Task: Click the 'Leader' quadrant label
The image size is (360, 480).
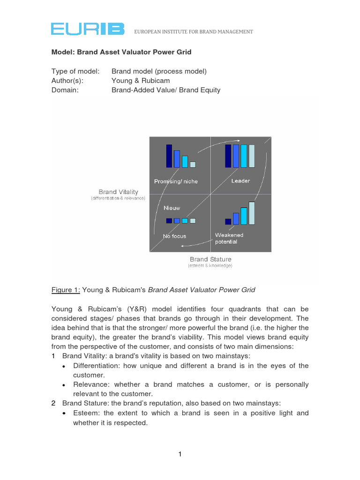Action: pyautogui.click(x=240, y=181)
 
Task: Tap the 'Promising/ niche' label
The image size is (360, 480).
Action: pyautogui.click(x=176, y=181)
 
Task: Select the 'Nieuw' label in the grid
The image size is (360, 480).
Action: pyautogui.click(x=172, y=207)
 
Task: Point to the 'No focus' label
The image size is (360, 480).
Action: pyautogui.click(x=174, y=236)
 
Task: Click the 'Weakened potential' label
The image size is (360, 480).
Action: pyautogui.click(x=229, y=238)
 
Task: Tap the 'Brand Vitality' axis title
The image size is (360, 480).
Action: pyautogui.click(x=118, y=192)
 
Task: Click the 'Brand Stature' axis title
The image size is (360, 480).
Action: pyautogui.click(x=210, y=259)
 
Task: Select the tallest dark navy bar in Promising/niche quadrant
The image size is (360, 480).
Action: pyautogui.click(x=169, y=156)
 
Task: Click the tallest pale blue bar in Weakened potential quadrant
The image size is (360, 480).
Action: pyautogui.click(x=252, y=213)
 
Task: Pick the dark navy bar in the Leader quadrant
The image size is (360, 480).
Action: pyautogui.click(x=228, y=156)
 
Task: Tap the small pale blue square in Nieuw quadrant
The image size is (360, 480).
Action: pyautogui.click(x=192, y=220)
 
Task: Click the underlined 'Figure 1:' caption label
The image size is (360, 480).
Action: pyautogui.click(x=66, y=290)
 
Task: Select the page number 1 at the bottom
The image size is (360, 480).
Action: pyautogui.click(x=180, y=454)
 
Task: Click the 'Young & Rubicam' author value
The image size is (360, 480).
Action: pyautogui.click(x=135, y=81)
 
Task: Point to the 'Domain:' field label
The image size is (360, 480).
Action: pyautogui.click(x=65, y=90)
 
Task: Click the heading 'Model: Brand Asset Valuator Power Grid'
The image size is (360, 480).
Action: pyautogui.click(x=121, y=52)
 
